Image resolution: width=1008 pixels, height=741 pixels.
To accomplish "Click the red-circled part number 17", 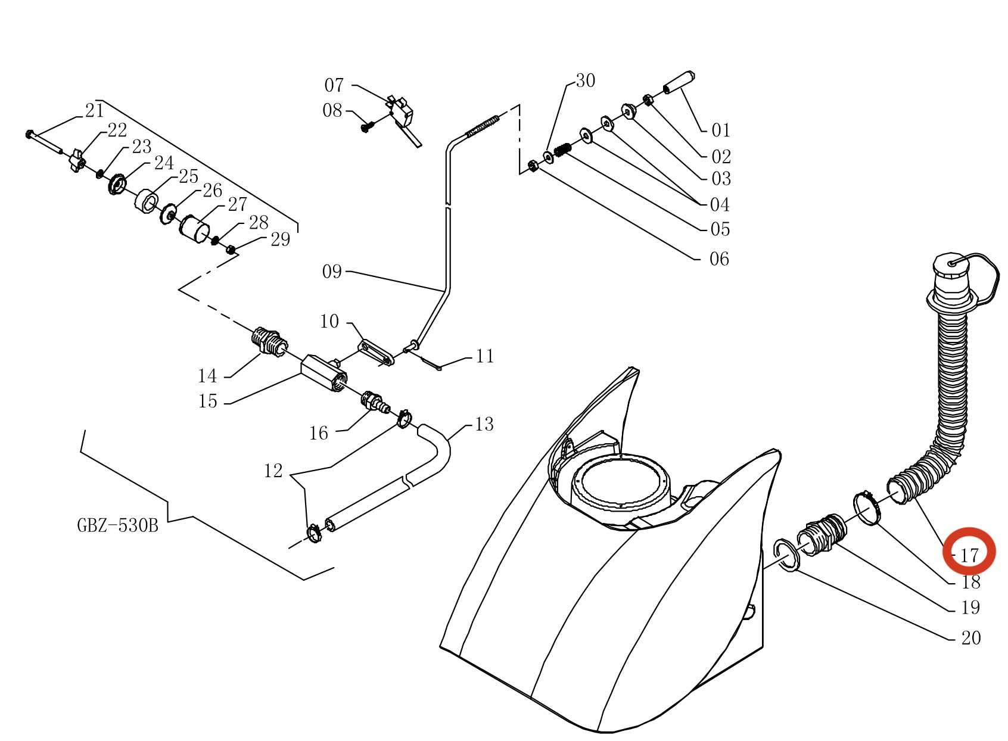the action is pos(970,556).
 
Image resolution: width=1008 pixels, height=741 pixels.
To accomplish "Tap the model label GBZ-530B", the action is pos(118,525).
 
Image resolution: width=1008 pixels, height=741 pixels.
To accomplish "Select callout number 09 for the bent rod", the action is pos(332,271).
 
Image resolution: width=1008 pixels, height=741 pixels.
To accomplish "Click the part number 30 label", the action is pos(586,80).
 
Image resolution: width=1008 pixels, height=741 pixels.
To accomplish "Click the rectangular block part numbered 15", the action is pos(323,372).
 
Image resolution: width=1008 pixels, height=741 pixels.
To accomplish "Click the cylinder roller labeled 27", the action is pos(195,229).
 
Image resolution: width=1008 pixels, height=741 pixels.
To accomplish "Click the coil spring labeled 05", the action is pos(562,149).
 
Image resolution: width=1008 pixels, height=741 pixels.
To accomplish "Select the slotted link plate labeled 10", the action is pos(376,354).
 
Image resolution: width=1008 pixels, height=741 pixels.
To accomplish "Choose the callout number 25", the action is pos(188,176).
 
